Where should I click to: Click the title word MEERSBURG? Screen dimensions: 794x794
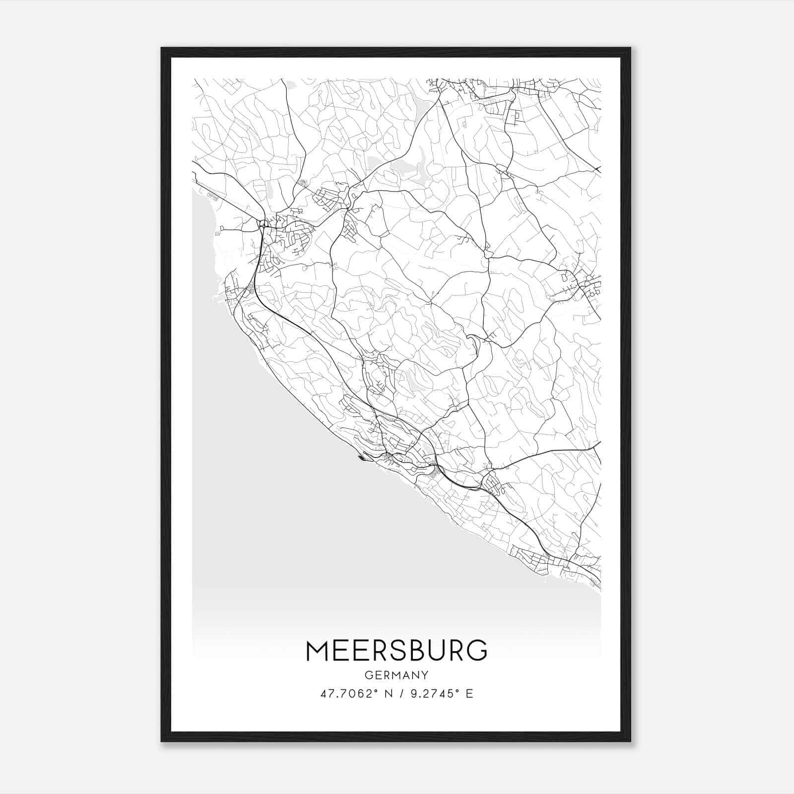click(x=397, y=651)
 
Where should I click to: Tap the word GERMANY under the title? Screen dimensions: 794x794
click(x=397, y=675)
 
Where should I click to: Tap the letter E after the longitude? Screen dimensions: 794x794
click(x=469, y=694)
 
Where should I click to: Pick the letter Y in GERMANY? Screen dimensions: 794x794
click(x=425, y=675)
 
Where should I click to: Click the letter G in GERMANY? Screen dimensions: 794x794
click(x=368, y=675)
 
